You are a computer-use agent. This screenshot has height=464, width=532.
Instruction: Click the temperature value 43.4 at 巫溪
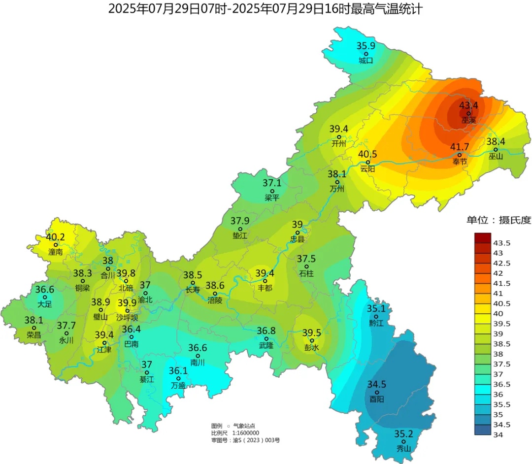468,105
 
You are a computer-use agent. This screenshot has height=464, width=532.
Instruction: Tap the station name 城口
366,61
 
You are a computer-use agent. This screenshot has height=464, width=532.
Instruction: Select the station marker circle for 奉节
459,155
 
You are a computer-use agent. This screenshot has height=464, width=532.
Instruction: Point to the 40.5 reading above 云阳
367,154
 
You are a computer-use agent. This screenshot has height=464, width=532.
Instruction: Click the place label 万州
337,188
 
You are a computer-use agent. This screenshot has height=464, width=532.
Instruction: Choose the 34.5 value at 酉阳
377,384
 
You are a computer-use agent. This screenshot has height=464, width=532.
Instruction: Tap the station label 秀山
403,448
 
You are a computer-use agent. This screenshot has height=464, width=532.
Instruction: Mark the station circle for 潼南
56,245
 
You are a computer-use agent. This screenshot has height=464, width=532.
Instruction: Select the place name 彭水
312,347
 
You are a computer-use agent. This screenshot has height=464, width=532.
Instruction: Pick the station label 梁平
272,198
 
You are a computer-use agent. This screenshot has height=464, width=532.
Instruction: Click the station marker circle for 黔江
375,317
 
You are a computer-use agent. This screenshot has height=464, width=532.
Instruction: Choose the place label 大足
45,304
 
